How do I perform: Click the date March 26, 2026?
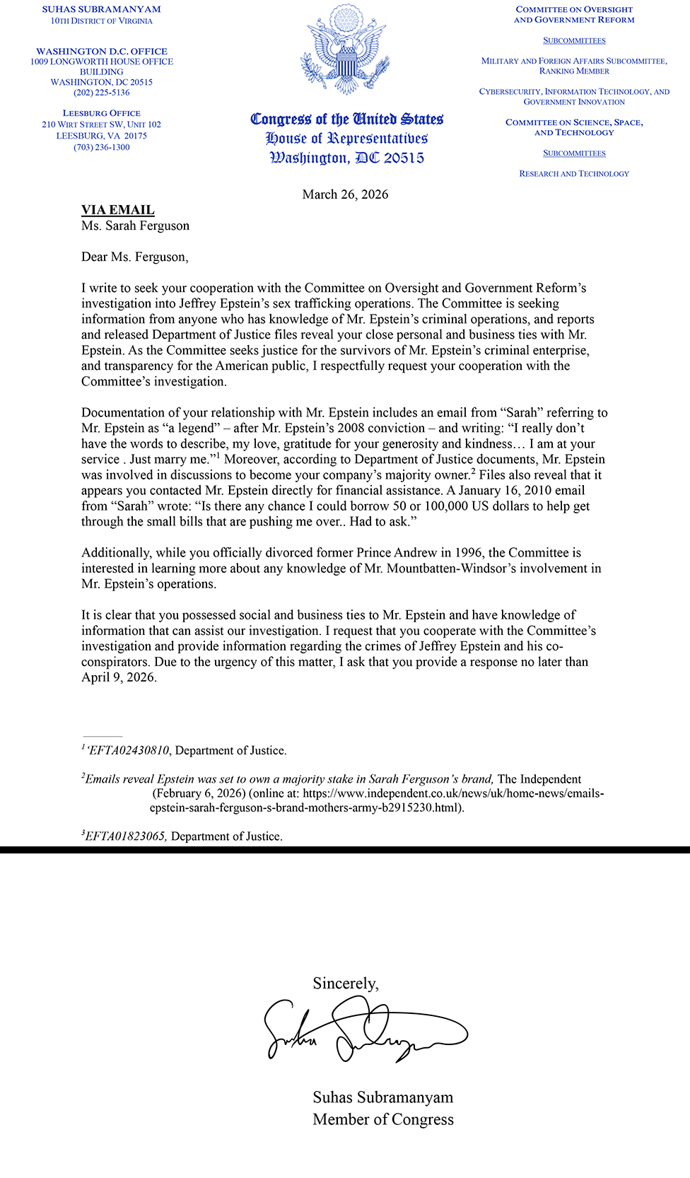coord(345,194)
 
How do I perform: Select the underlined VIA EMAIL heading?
coord(117,210)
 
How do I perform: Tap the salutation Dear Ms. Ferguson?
coord(134,257)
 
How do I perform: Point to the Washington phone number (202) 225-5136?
coord(101,93)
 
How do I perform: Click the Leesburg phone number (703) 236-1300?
coord(101,147)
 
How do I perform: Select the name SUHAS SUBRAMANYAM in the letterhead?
coord(101,9)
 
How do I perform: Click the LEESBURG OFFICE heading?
coord(101,113)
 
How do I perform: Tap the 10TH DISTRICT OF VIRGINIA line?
coord(101,21)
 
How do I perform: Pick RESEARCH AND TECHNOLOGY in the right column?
coord(574,173)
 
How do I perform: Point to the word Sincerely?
coord(346,984)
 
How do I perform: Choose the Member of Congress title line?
coord(383,1119)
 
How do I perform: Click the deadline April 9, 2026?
coord(118,677)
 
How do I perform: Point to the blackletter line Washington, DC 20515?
coord(346,158)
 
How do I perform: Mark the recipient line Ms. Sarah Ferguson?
coord(135,226)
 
